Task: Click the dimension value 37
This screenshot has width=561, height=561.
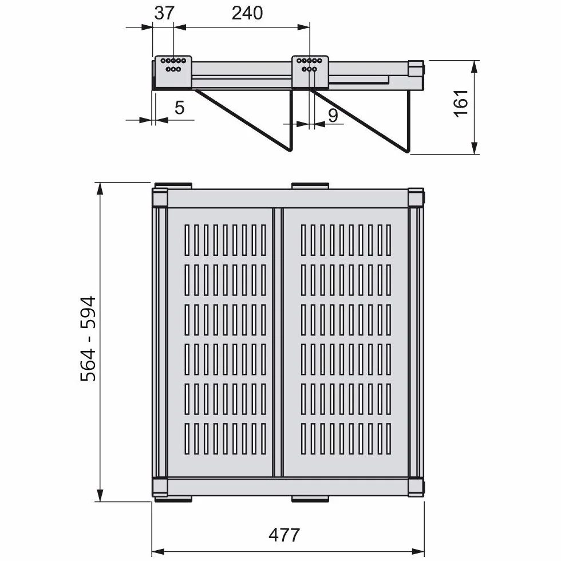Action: [164, 13]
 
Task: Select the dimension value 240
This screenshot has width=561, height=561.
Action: [247, 13]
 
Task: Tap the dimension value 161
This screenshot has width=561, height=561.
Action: [461, 104]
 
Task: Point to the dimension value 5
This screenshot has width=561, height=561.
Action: [180, 108]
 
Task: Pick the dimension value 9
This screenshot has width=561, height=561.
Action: [333, 115]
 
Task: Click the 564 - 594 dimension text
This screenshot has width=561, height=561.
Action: [88, 339]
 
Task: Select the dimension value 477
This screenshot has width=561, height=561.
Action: [284, 535]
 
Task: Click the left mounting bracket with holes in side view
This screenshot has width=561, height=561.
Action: [173, 72]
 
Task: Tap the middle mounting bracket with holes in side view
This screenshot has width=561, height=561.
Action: [310, 72]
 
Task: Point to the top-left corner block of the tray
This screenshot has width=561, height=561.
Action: [160, 197]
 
